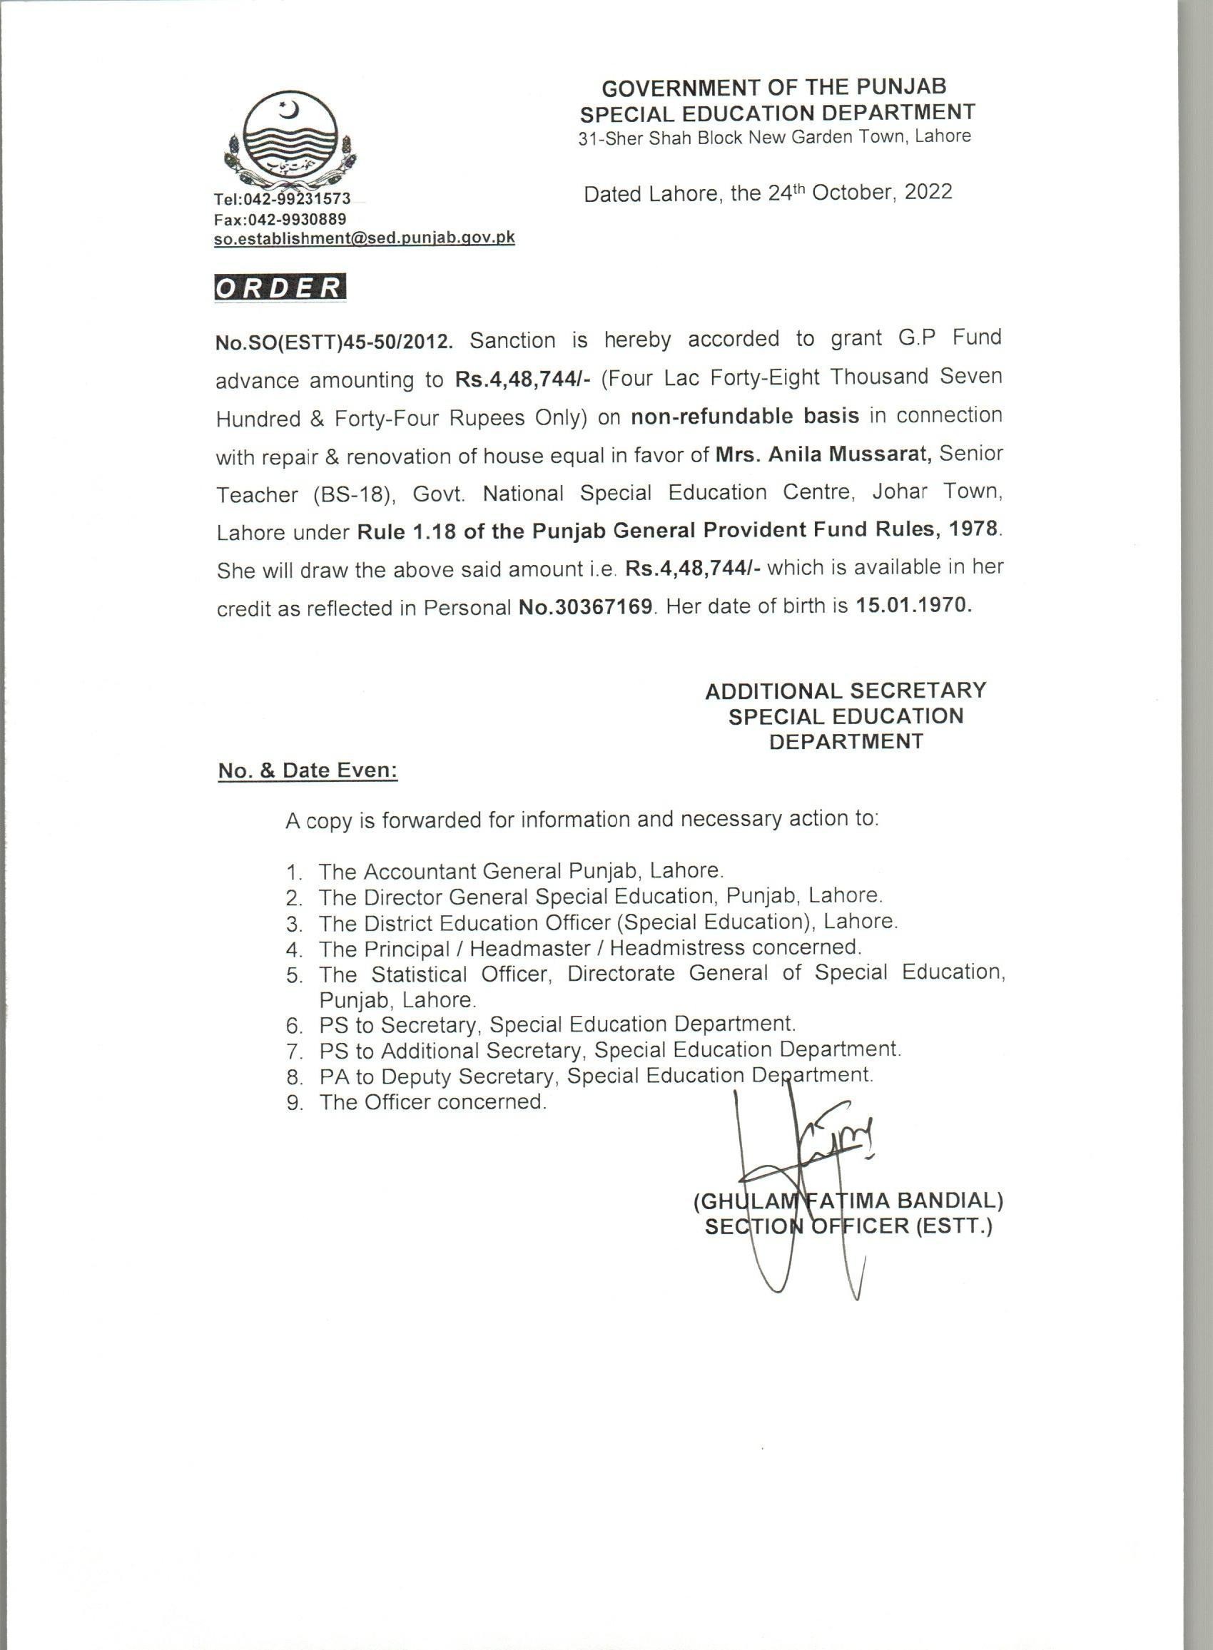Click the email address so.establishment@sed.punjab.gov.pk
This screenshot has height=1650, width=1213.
[x=364, y=238]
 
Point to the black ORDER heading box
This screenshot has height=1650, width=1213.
[x=279, y=287]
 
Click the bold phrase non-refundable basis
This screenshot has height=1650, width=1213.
[x=745, y=416]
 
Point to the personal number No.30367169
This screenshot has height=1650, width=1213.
[x=585, y=607]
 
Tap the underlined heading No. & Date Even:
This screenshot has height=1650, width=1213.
[x=308, y=770]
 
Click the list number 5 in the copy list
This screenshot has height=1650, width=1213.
[x=295, y=976]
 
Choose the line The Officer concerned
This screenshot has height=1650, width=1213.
[x=432, y=1101]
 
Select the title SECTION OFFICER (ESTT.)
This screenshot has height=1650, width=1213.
[x=848, y=1226]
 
